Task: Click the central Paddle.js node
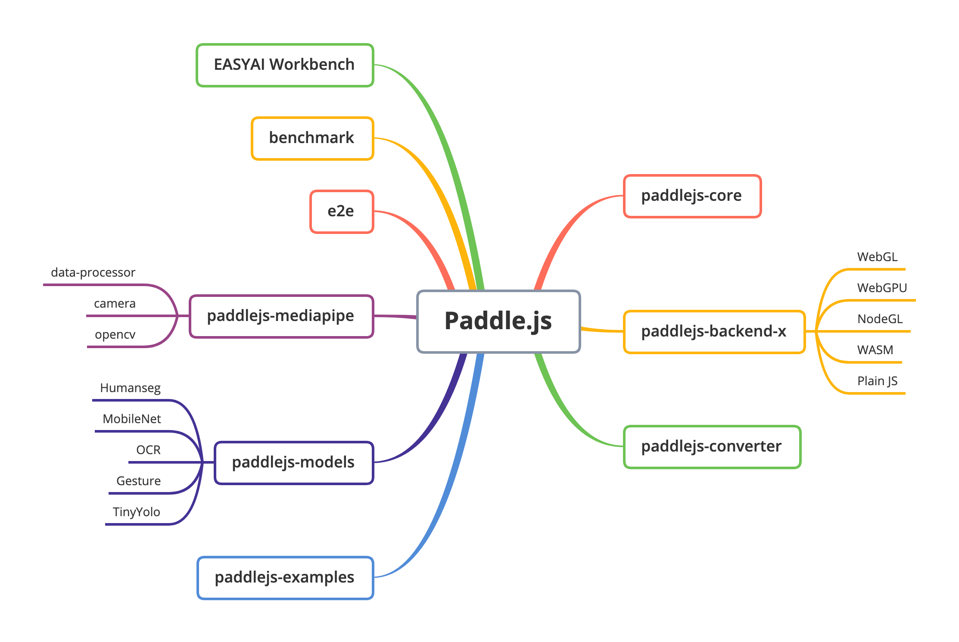(498, 321)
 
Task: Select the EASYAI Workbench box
(285, 65)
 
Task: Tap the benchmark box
(312, 138)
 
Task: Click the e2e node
(341, 212)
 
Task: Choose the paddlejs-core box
(692, 196)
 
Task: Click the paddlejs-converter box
(712, 447)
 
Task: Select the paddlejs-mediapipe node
(281, 316)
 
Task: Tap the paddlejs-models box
(293, 463)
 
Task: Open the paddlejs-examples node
(285, 578)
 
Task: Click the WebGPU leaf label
(882, 288)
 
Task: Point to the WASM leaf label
(875, 350)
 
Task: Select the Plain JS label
(877, 381)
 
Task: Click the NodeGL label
(880, 319)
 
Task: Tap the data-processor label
(93, 272)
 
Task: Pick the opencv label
(115, 334)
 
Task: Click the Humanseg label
(130, 388)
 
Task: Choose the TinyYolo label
(136, 512)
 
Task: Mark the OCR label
(148, 450)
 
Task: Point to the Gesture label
(138, 481)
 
